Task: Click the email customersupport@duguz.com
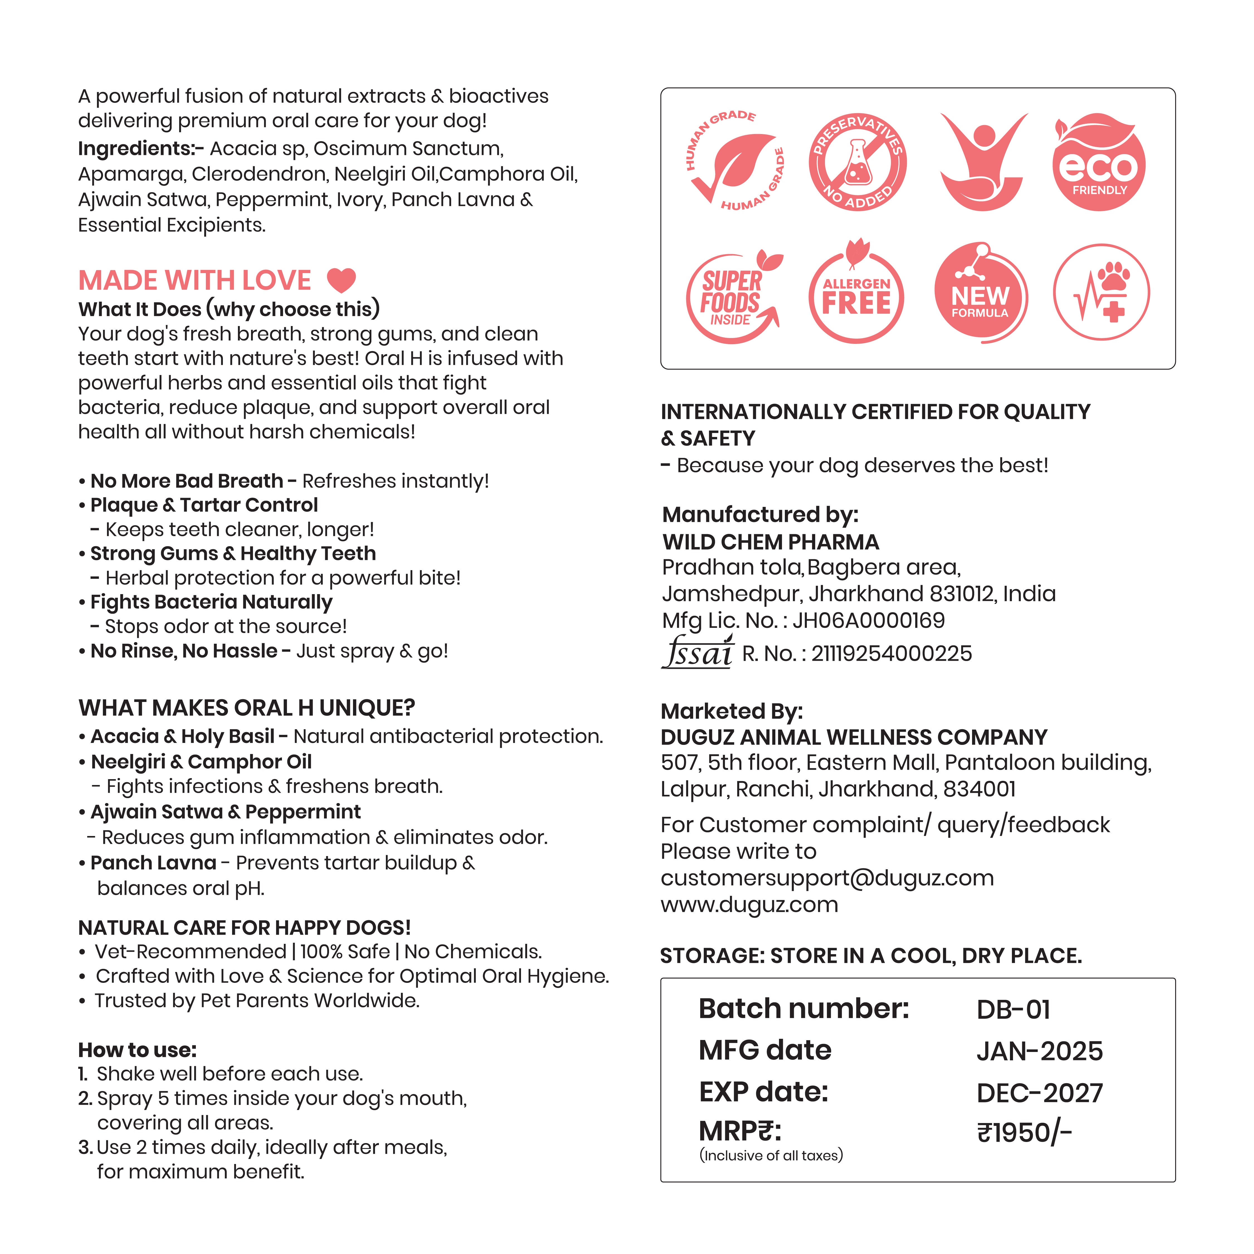click(827, 878)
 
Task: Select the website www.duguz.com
click(749, 904)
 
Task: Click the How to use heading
click(137, 1049)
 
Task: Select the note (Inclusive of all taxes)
click(770, 1155)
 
